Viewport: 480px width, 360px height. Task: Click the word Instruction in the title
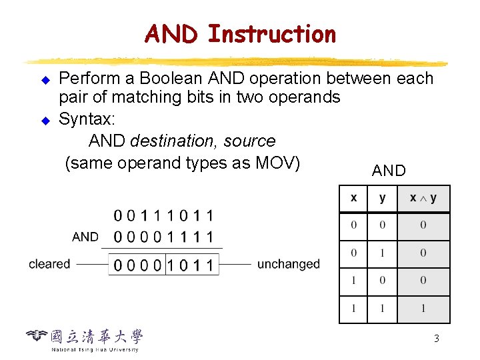[x=272, y=33]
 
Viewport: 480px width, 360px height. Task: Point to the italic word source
[x=249, y=141]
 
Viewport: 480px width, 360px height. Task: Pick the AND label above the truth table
[x=389, y=171]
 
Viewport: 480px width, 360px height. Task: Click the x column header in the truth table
[x=353, y=199]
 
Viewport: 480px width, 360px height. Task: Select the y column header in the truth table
[x=382, y=199]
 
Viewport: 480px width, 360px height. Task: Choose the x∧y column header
[x=423, y=199]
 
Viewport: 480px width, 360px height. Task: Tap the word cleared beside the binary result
[x=49, y=264]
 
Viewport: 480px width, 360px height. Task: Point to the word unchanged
[x=288, y=264]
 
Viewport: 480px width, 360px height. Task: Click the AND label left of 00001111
[x=85, y=237]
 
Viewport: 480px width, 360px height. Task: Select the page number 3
[x=436, y=339]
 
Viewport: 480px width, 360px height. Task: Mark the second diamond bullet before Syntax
[x=46, y=121]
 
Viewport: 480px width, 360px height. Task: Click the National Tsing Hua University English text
[x=95, y=349]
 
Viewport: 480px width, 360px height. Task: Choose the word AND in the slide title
[x=171, y=33]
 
